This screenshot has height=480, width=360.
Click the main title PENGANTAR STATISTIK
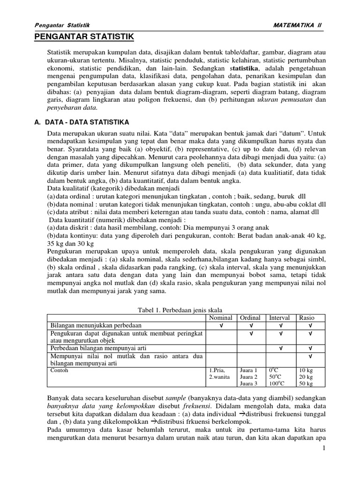[x=85, y=37]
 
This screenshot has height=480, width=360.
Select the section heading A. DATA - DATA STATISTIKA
[x=82, y=122]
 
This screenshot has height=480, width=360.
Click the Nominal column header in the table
[x=220, y=318]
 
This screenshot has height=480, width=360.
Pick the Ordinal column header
[x=250, y=318]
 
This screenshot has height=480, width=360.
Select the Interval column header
[x=279, y=318]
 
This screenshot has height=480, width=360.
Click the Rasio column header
[x=307, y=318]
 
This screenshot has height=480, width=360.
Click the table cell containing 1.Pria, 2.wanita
[x=219, y=374]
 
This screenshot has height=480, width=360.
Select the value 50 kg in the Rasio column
[x=307, y=384]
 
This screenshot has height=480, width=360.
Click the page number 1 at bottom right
[x=323, y=449]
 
